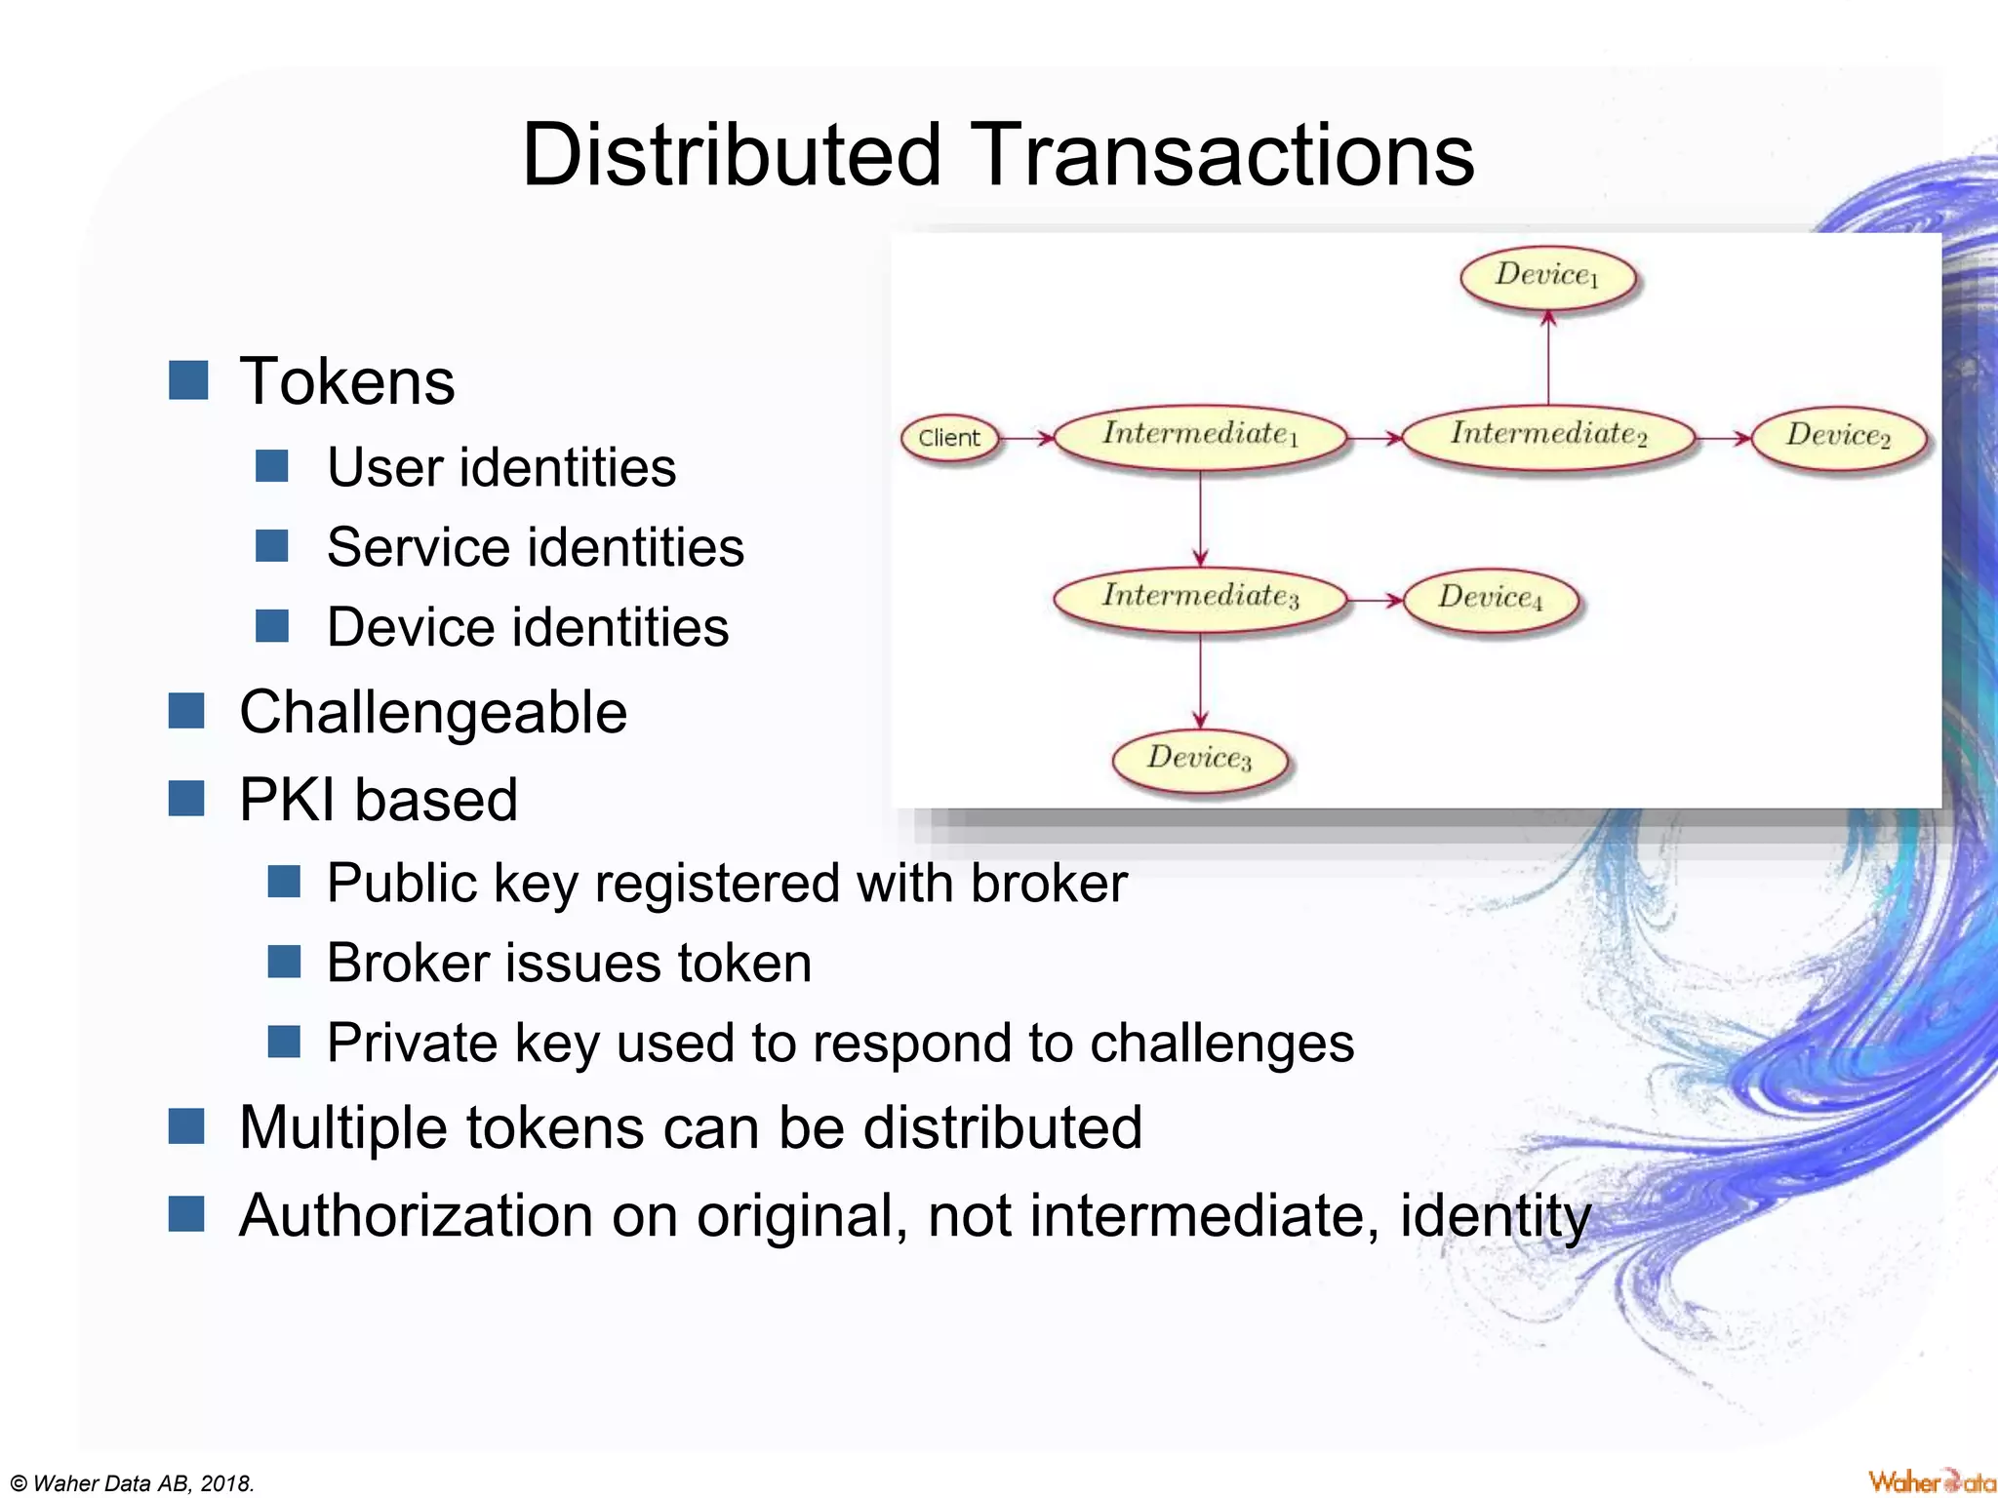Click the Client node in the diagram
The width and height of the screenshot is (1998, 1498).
[x=949, y=439]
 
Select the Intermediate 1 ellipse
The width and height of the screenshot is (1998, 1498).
[x=1200, y=436]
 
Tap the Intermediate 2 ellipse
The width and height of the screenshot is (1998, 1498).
[x=1548, y=436]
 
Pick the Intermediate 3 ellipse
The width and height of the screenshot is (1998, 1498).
[x=1200, y=598]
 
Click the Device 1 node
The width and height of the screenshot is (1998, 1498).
[x=1547, y=277]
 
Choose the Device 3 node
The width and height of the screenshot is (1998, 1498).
[x=1199, y=760]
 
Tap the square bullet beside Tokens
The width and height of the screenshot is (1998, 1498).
[x=188, y=380]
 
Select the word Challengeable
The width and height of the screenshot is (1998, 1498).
[x=432, y=712]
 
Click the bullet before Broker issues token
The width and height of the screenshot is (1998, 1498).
[x=284, y=962]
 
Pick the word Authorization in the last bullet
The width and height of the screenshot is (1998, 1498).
[x=416, y=1216]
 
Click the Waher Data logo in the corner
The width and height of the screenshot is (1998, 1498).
[x=1930, y=1481]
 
